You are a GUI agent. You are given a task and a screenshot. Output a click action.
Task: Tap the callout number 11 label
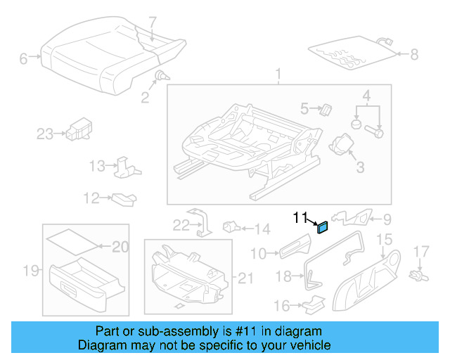point(300,218)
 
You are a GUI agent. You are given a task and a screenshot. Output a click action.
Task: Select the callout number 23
point(45,134)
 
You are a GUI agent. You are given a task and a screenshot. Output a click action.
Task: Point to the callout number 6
point(23,59)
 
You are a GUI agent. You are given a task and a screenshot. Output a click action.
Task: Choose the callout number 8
point(413,53)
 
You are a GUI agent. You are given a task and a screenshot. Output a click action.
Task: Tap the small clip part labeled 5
point(326,108)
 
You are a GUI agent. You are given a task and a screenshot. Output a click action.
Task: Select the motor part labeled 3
point(345,143)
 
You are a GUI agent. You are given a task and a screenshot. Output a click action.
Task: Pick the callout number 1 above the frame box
point(278,74)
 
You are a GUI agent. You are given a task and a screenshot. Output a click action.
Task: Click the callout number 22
point(181,224)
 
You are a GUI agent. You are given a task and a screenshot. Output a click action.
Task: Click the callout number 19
point(30,270)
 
